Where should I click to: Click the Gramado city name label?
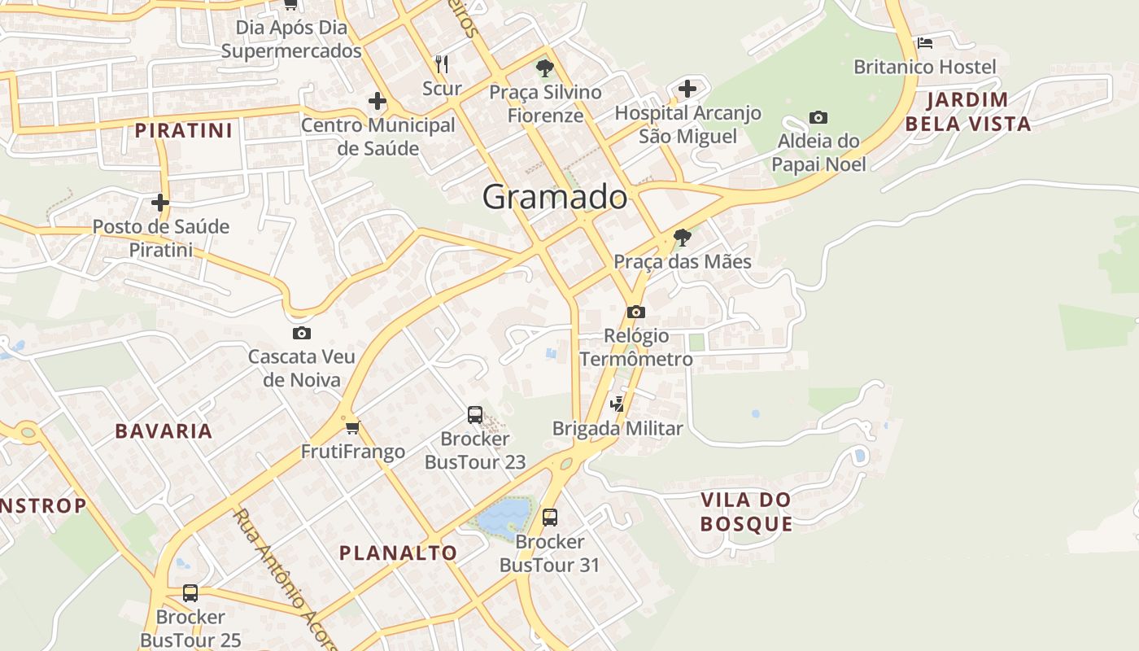pos(555,197)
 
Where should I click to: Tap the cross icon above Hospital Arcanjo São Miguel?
pos(687,88)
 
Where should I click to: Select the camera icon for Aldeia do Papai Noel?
pos(818,118)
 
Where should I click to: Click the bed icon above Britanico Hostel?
pos(924,43)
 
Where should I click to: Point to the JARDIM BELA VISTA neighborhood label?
pos(968,112)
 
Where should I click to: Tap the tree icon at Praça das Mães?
pos(683,238)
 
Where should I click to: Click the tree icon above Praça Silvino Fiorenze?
pos(545,68)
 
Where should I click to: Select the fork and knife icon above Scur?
pos(442,63)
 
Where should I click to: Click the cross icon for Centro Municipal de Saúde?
pos(377,102)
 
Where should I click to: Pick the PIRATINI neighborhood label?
pos(184,130)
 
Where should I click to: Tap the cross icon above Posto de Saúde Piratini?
pos(160,202)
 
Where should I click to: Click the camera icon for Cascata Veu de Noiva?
pos(302,333)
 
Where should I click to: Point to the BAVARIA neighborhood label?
pos(164,431)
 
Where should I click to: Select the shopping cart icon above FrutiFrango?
pos(352,428)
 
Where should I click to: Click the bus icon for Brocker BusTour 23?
pos(475,415)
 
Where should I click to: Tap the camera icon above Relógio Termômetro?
pos(636,312)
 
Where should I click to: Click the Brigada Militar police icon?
pos(618,404)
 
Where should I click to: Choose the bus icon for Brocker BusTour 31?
pos(550,518)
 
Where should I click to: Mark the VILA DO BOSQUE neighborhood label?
pos(746,511)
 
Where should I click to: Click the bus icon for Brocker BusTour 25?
pos(190,593)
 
